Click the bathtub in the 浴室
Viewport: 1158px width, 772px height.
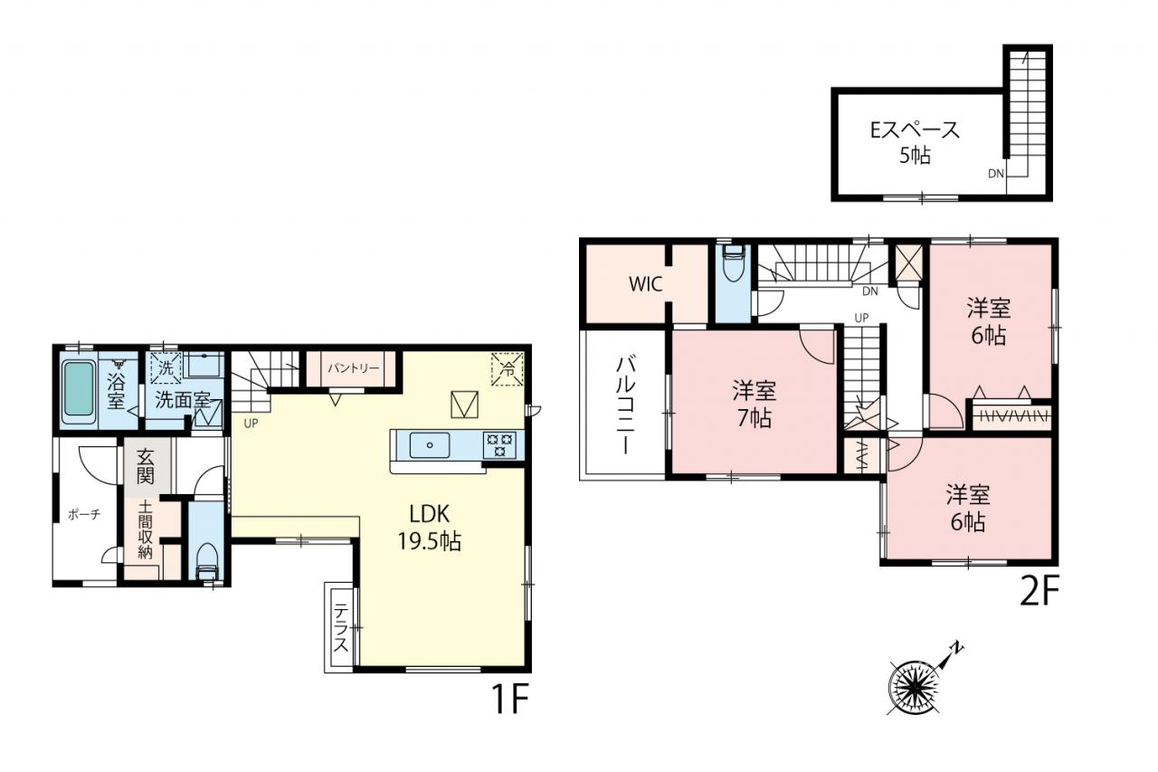pos(79,388)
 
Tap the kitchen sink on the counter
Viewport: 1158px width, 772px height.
pos(429,445)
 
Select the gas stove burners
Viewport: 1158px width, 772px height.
pos(499,445)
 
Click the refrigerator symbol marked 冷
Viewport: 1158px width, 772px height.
pos(508,369)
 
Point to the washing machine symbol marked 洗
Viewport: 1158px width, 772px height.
pos(166,368)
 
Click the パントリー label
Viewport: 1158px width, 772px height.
pos(354,368)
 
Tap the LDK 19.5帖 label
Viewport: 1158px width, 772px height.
pos(430,528)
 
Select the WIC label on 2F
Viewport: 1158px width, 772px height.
pos(646,284)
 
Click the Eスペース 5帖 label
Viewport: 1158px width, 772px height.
pos(915,142)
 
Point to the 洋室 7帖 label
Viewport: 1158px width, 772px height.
pos(755,405)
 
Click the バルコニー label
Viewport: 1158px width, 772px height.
pos(625,405)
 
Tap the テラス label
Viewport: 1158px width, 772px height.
pos(340,628)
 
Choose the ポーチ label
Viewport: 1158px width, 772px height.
pos(84,514)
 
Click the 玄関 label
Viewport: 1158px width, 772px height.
pos(146,466)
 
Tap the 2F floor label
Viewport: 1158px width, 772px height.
pos(1039,591)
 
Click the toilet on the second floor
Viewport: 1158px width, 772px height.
pos(733,262)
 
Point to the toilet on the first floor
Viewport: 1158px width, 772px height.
pos(208,562)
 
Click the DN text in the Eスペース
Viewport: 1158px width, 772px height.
pos(996,174)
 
